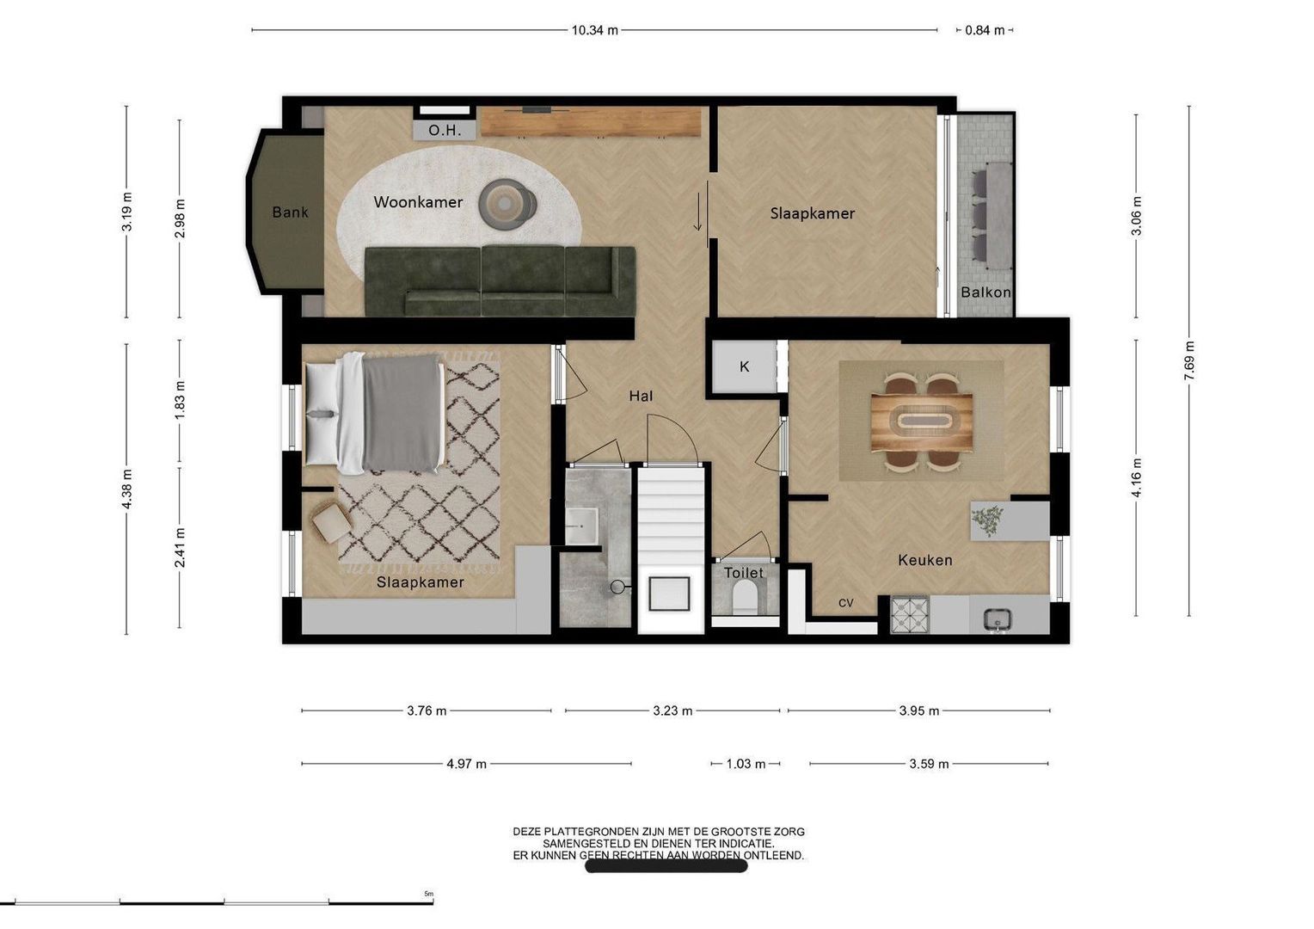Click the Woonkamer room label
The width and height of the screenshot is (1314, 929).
point(418,202)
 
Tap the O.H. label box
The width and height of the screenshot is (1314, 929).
point(444,130)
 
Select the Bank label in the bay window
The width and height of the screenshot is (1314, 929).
point(290,212)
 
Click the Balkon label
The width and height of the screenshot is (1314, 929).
point(985,292)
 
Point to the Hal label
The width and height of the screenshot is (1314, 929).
point(641,397)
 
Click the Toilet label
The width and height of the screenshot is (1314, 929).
point(743,573)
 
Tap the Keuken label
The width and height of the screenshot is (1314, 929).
point(925,560)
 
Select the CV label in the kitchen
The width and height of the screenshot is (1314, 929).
point(845,603)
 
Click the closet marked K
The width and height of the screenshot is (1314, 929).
point(745,366)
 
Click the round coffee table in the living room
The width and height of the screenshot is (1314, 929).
point(507,203)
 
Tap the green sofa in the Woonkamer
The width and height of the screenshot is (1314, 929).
point(500,281)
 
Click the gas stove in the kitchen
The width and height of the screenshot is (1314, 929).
point(910,614)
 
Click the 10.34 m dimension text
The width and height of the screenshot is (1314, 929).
point(595,30)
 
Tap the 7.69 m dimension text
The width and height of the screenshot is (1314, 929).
point(1189,360)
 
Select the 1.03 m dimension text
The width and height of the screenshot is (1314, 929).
point(746,764)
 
